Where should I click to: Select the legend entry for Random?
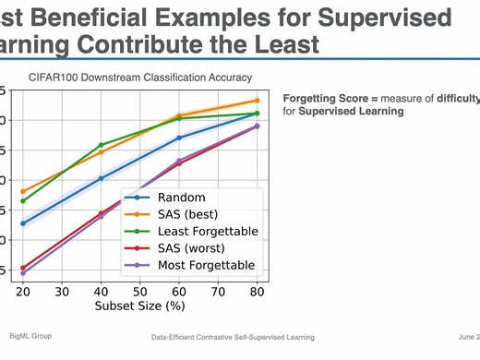(181, 198)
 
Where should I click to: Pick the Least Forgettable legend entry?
(208, 231)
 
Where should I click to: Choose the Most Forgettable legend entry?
(207, 265)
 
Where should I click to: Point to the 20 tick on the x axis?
(22, 292)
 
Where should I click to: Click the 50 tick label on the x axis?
(140, 292)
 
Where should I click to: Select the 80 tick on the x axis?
(258, 292)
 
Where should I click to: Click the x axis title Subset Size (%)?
(139, 306)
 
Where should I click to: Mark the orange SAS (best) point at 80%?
(257, 101)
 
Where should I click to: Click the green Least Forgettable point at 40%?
(101, 145)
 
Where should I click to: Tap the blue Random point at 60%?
(179, 138)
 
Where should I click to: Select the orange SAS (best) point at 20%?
(22, 191)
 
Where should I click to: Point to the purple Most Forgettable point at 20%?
(22, 273)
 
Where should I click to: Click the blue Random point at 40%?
(101, 178)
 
